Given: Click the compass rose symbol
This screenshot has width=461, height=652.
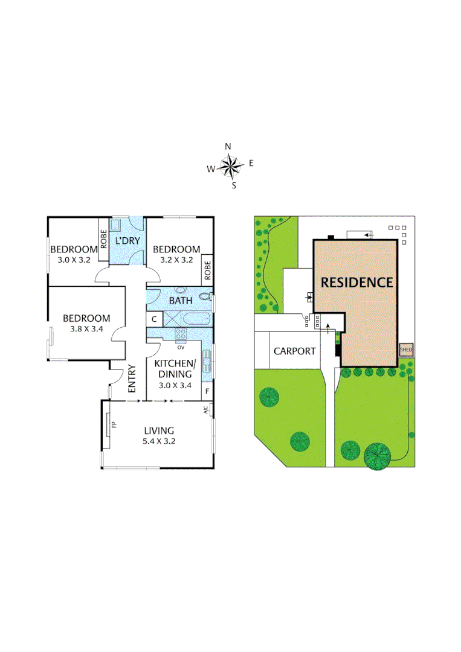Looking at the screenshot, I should pyautogui.click(x=230, y=165).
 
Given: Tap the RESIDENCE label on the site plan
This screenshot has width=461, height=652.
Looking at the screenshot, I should pyautogui.click(x=356, y=282).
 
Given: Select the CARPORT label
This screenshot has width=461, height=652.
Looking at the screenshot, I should pyautogui.click(x=295, y=351).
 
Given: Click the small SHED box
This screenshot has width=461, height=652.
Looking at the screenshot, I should pyautogui.click(x=405, y=349).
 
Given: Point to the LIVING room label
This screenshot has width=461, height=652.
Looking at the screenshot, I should pyautogui.click(x=159, y=430).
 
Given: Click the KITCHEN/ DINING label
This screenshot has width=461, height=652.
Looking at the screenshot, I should pyautogui.click(x=175, y=369).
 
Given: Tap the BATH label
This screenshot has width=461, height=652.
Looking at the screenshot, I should pyautogui.click(x=180, y=300).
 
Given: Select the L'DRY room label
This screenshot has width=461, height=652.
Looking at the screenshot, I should pyautogui.click(x=127, y=241).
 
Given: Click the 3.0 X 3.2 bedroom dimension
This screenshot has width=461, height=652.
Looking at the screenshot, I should pyautogui.click(x=73, y=260).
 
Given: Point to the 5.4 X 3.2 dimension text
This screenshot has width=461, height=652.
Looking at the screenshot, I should pyautogui.click(x=159, y=441).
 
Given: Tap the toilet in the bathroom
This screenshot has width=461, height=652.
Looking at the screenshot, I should pyautogui.click(x=205, y=297).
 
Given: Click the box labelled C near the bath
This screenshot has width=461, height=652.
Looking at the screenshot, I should pyautogui.click(x=154, y=318).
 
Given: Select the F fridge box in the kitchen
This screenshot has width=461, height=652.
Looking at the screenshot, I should pyautogui.click(x=207, y=390).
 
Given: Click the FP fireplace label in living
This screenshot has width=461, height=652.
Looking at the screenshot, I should pyautogui.click(x=114, y=424).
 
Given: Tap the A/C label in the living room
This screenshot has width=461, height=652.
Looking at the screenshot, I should pyautogui.click(x=206, y=411).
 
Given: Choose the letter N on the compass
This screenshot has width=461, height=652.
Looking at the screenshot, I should pyautogui.click(x=228, y=146).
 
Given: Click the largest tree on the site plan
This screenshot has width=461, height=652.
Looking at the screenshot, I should pyautogui.click(x=378, y=456).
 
